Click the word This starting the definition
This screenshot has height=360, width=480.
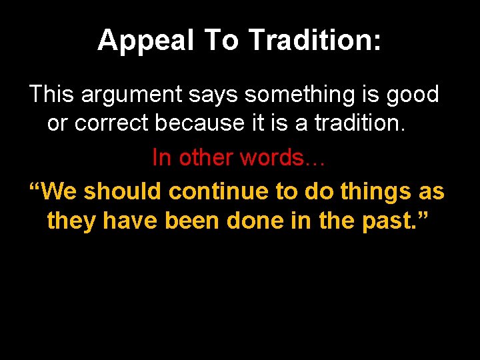(x=52, y=95)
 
